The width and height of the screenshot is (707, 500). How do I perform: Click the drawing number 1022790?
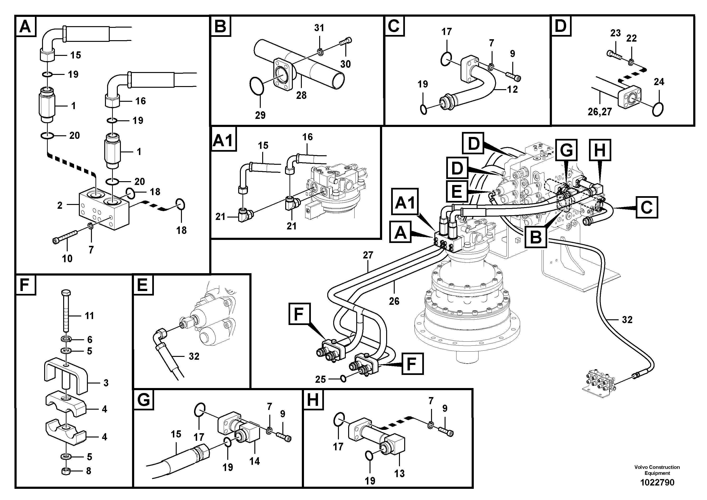657,482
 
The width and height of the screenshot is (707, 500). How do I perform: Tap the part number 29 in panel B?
260,115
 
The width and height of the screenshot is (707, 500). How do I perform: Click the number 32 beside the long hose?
627,320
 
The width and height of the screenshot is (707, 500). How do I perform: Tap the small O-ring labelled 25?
342,378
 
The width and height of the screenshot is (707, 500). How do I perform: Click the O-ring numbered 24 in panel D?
658,109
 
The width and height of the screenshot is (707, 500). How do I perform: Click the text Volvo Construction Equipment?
657,470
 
